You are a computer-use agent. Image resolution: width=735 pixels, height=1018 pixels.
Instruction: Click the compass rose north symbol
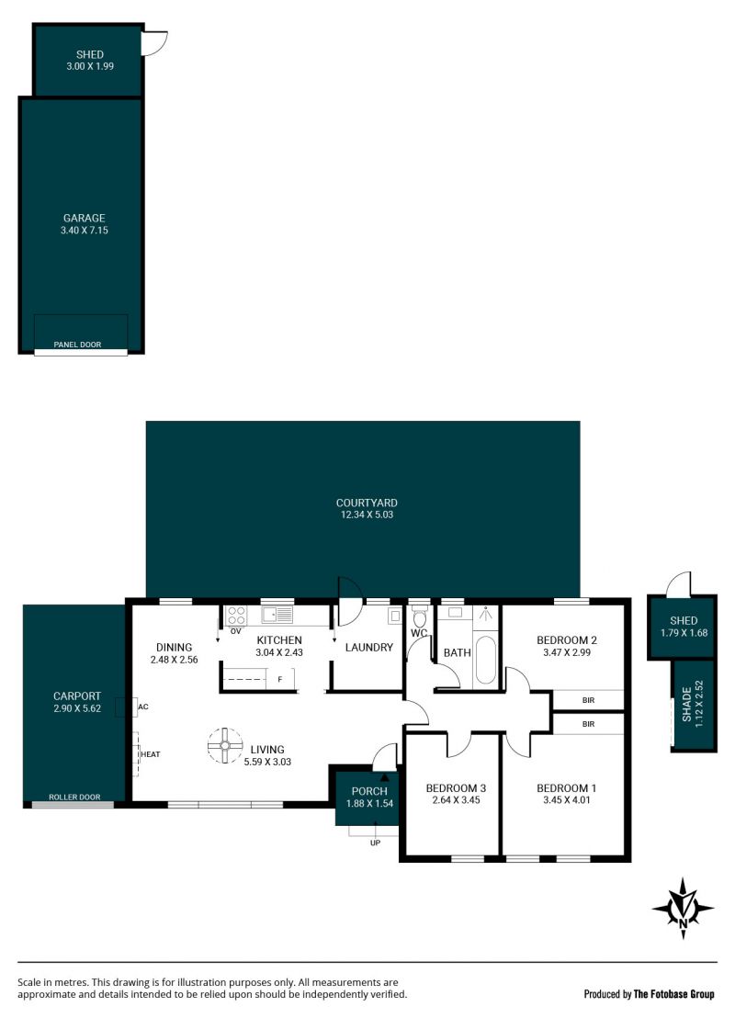[x=683, y=908]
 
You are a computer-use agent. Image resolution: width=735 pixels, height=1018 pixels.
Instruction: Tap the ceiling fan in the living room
[x=225, y=745]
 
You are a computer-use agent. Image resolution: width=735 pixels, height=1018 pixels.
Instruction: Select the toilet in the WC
[x=420, y=616]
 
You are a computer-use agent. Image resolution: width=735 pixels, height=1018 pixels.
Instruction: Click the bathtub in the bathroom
[x=485, y=660]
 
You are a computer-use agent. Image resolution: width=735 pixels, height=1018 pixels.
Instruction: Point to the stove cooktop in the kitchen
[x=236, y=615]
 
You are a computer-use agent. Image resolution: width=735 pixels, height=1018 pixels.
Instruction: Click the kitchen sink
[x=277, y=614]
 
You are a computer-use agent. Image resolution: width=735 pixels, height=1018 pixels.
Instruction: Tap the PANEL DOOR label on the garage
[x=77, y=345]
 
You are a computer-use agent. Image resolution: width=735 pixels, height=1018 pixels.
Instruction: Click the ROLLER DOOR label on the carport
[x=74, y=797]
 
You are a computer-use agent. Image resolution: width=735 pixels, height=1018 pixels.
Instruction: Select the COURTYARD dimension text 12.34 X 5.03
[x=367, y=515]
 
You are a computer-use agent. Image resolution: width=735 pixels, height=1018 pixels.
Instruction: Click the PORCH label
[x=368, y=791]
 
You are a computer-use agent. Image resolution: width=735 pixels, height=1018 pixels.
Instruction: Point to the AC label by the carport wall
[x=143, y=707]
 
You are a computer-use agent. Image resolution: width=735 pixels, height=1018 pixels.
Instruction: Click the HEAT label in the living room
[x=150, y=754]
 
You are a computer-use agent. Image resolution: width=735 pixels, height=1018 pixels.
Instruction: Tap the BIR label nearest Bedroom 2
[x=588, y=700]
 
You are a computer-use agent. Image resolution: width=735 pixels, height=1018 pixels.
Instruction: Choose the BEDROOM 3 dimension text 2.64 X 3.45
[x=456, y=800]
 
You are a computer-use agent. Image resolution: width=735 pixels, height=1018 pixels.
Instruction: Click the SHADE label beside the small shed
[x=687, y=705]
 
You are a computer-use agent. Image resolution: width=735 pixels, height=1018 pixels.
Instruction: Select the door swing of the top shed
[x=155, y=43]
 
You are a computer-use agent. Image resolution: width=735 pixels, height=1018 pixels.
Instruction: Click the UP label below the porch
[x=375, y=843]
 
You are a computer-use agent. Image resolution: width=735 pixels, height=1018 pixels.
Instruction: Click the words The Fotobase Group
[x=674, y=994]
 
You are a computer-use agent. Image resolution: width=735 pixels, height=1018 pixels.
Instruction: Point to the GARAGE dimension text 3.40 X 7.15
[x=85, y=231]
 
